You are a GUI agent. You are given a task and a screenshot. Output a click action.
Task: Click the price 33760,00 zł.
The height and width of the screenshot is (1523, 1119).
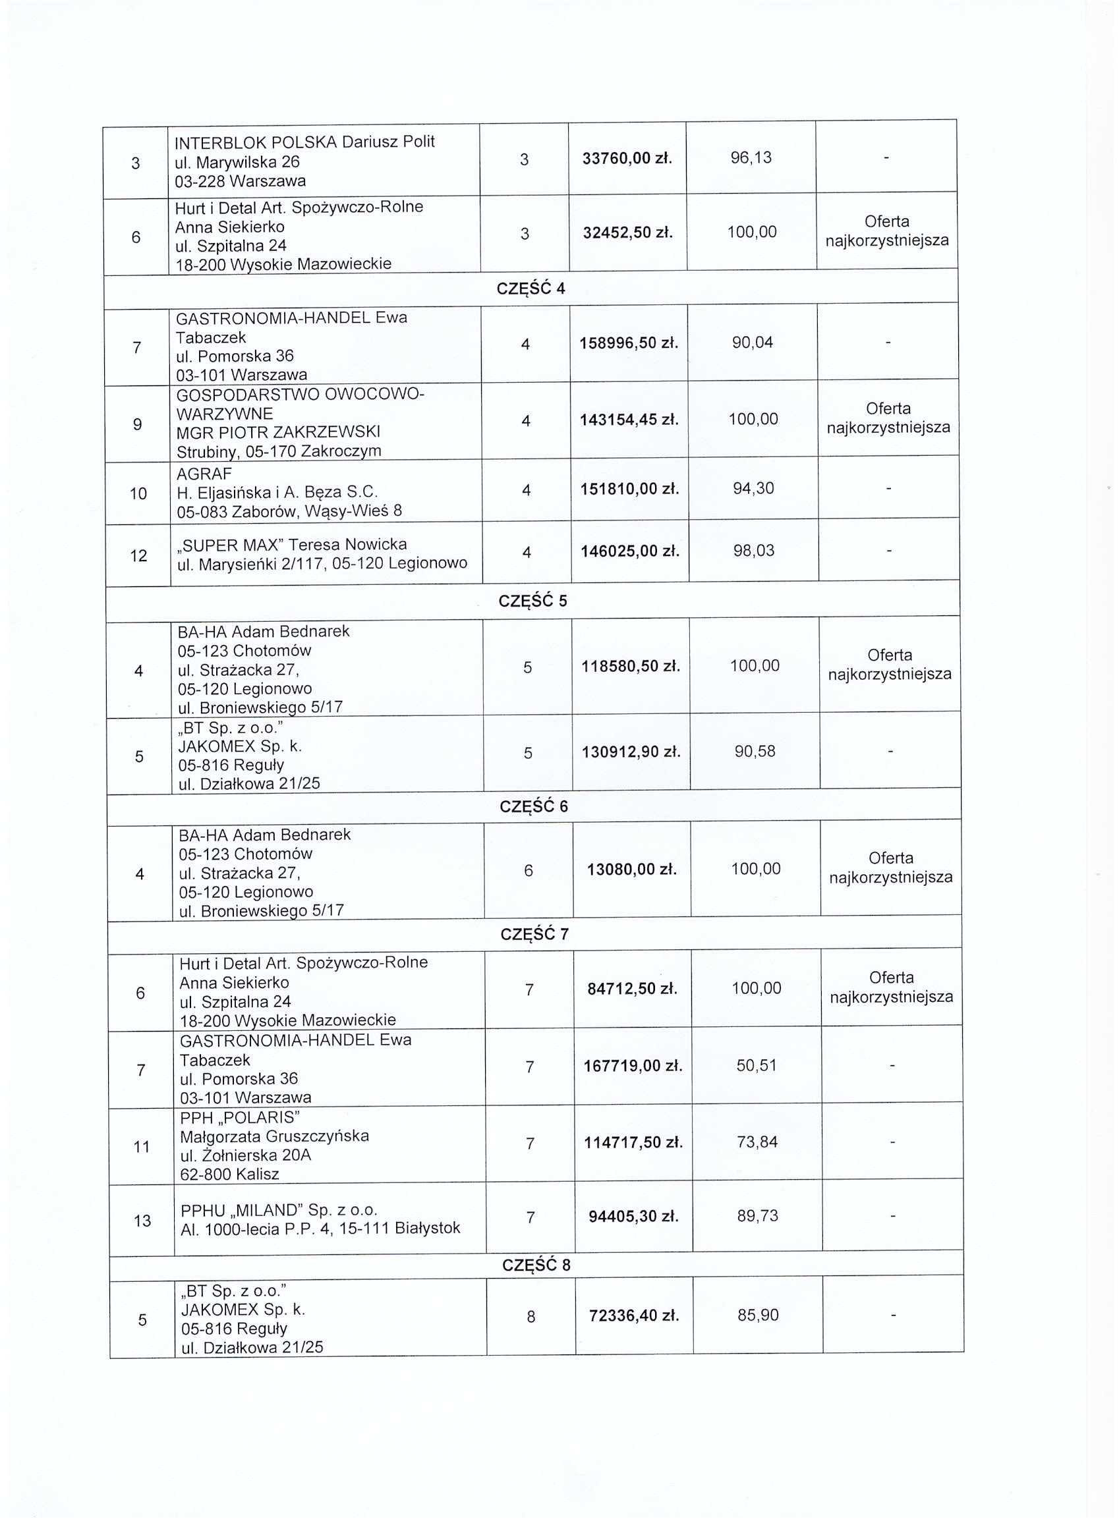[x=627, y=158]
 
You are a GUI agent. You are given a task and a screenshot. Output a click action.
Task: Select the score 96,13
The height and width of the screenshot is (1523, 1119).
[x=751, y=157]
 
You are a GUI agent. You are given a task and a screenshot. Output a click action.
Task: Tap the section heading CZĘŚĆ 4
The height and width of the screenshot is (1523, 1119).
[x=531, y=289]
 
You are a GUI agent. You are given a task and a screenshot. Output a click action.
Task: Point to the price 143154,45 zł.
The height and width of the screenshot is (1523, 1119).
[x=629, y=420]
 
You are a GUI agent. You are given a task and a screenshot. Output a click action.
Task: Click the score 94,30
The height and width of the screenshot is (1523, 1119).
[x=753, y=489]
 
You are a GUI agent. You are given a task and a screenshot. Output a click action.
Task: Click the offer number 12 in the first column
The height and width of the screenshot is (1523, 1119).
[x=138, y=557]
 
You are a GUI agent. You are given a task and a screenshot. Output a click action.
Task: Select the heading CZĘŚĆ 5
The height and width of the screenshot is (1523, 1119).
[x=532, y=601]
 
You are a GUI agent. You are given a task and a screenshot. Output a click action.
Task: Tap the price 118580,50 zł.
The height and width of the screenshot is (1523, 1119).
[x=631, y=667]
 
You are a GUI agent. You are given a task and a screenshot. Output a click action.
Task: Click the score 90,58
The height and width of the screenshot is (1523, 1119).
[x=755, y=752]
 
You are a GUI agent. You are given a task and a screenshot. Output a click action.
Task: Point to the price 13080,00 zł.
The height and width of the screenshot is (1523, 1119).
[x=631, y=870]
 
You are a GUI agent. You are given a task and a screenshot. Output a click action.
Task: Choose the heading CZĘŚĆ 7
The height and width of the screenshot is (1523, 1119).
[x=534, y=935]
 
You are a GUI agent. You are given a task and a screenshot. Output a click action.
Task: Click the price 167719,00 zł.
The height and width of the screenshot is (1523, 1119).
[x=633, y=1066]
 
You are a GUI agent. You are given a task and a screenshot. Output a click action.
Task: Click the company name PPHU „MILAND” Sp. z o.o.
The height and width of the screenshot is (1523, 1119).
[x=278, y=1210]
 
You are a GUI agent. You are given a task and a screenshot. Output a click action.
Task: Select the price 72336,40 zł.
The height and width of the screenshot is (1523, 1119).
[x=633, y=1317]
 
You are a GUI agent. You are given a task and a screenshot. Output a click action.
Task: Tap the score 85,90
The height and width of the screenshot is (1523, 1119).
[x=758, y=1315]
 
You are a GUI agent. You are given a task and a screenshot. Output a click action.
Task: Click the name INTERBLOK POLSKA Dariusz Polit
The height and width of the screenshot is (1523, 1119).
[x=304, y=142]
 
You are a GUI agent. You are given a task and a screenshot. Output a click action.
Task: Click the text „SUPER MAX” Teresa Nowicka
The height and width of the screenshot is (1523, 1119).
[x=292, y=544]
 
